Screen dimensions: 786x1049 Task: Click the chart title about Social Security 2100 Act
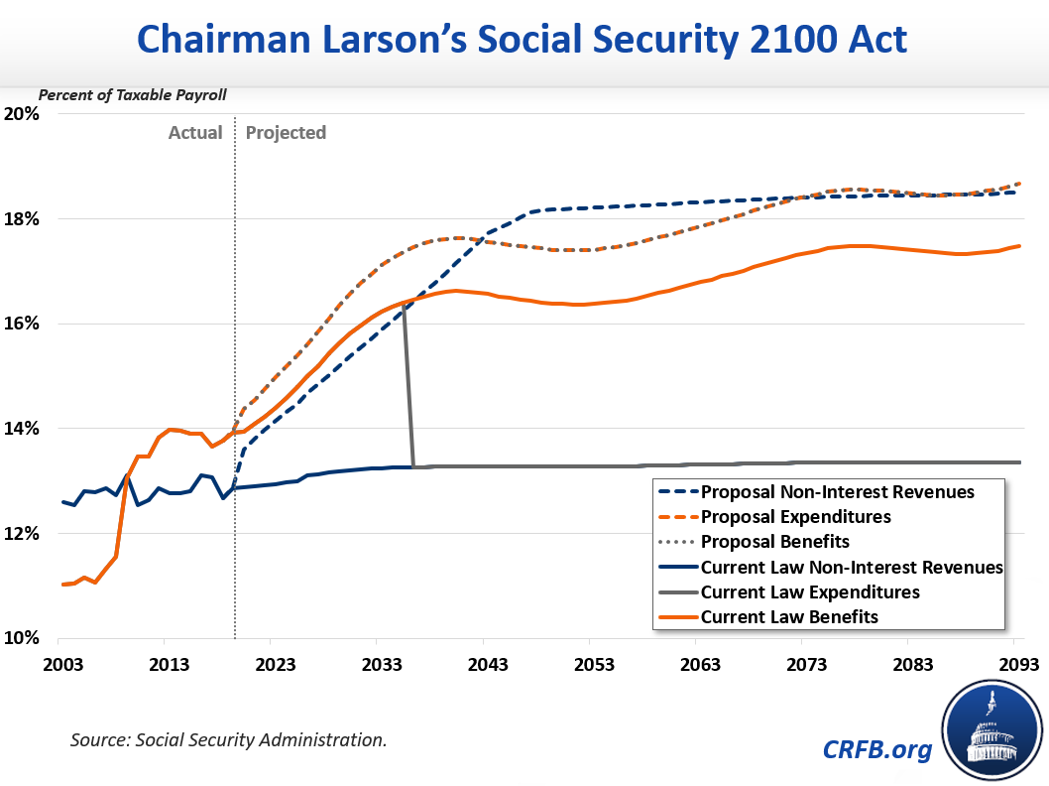pyautogui.click(x=524, y=39)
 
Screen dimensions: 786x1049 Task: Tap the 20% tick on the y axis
pyautogui.click(x=21, y=113)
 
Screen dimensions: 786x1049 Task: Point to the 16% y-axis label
pyautogui.click(x=21, y=324)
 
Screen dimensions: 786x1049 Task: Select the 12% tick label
pyautogui.click(x=21, y=534)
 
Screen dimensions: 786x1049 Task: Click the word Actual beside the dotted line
pyautogui.click(x=195, y=133)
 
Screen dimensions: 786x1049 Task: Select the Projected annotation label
pyautogui.click(x=286, y=133)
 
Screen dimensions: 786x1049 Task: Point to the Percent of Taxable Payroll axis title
pyautogui.click(x=133, y=95)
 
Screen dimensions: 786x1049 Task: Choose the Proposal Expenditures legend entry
pyautogui.click(x=795, y=517)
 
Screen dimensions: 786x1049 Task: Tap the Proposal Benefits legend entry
pyautogui.click(x=774, y=542)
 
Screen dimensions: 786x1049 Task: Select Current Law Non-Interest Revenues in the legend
pyautogui.click(x=852, y=568)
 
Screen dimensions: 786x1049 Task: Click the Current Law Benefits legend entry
pyautogui.click(x=789, y=617)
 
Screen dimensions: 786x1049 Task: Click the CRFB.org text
pyautogui.click(x=877, y=749)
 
